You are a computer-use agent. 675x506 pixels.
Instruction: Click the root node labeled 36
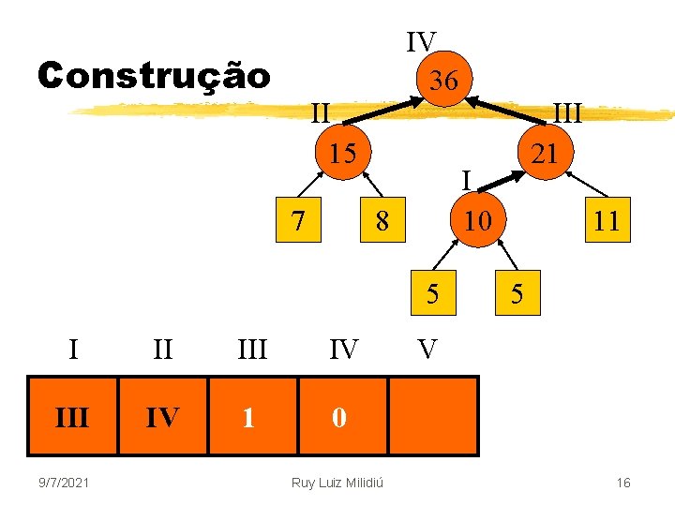coord(443,81)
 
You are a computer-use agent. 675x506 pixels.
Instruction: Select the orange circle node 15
coord(343,153)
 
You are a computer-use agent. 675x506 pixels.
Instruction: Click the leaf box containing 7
coord(297,219)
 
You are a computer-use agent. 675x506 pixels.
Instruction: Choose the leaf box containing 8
coord(382,221)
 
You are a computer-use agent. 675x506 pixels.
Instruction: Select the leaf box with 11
coord(607,220)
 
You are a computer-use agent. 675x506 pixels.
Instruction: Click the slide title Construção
coord(154,75)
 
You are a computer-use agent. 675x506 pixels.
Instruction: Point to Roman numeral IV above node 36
coord(421,42)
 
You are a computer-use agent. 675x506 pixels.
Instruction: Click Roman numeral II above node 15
coord(320,112)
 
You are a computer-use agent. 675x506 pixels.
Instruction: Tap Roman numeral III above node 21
coord(567,112)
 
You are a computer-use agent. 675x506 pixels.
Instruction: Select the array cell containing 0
coord(341,417)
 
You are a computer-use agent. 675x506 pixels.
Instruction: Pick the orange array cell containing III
coord(72,417)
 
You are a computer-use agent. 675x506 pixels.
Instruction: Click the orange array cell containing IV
coord(162,417)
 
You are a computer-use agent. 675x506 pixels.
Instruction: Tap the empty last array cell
coord(433,417)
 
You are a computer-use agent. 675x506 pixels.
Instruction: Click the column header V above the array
coord(427,350)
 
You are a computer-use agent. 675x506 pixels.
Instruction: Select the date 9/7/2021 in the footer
coord(66,483)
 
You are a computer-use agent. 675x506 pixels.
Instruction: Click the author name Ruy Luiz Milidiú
coord(342,483)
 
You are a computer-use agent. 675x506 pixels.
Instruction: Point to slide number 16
coord(623,483)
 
